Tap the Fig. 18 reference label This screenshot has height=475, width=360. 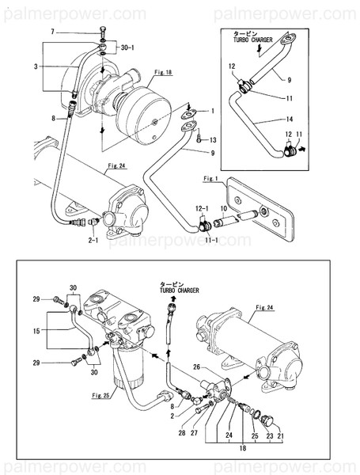(x=163, y=73)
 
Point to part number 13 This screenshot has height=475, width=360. (x=211, y=139)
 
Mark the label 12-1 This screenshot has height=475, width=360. (x=203, y=207)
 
